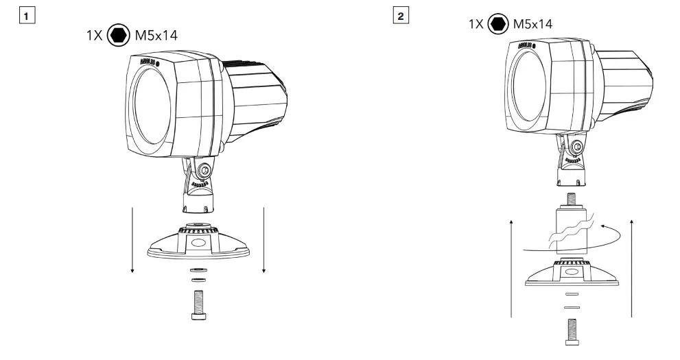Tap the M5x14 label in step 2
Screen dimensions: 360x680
coord(535,25)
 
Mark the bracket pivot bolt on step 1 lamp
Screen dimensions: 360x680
coord(204,170)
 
